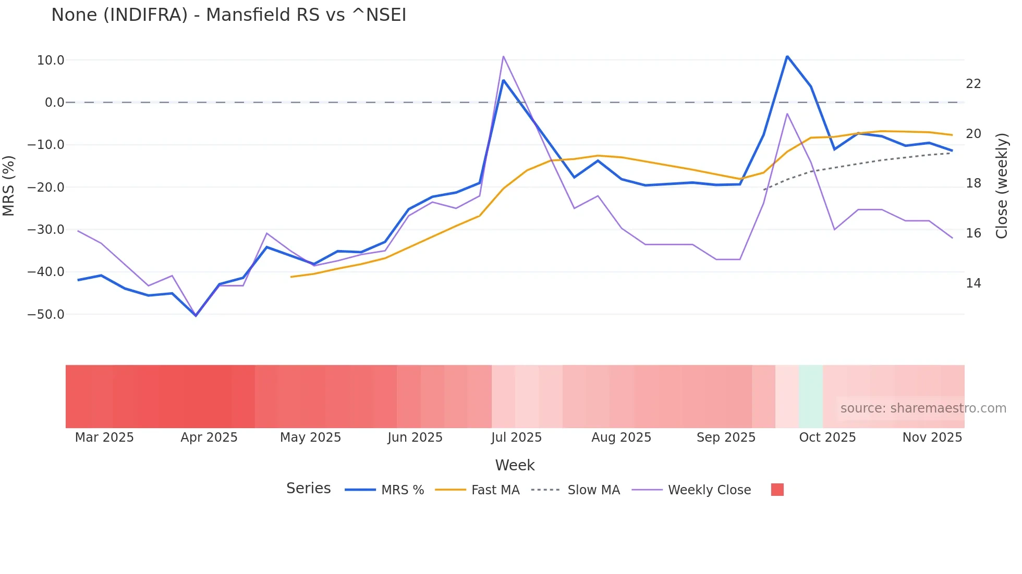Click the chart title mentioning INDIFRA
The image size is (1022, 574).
tap(228, 15)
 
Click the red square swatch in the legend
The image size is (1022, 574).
tap(777, 490)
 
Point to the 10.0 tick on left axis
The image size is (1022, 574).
tap(51, 60)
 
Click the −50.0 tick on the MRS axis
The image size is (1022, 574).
tap(46, 315)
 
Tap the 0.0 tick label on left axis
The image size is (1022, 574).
tap(54, 103)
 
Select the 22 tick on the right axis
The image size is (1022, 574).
tap(973, 84)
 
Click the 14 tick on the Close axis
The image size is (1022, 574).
tap(973, 283)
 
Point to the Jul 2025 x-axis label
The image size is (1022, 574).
tap(516, 438)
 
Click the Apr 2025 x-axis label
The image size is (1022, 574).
tap(209, 438)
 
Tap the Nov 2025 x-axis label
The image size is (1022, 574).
tap(932, 438)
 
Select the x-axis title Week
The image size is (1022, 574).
tap(515, 465)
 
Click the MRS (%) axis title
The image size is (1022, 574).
tap(8, 186)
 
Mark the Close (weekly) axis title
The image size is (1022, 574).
tap(1002, 186)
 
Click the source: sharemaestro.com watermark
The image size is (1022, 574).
tap(923, 408)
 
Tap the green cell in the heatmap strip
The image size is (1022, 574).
tap(810, 396)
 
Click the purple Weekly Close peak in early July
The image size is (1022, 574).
tap(503, 56)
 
